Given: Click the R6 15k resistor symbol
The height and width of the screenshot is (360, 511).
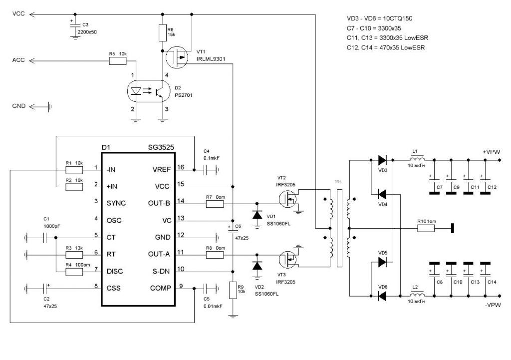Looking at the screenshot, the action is (163, 32).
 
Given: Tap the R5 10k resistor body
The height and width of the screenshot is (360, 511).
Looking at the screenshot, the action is (118, 60).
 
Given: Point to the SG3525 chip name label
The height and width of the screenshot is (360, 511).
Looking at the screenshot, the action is (161, 147).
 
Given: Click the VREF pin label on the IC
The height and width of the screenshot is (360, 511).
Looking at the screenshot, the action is (161, 170).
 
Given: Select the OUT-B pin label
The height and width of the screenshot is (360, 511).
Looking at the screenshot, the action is (159, 203).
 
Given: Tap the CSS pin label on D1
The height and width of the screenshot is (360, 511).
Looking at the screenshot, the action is (113, 288).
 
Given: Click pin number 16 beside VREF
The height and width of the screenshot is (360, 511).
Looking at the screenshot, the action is (181, 167).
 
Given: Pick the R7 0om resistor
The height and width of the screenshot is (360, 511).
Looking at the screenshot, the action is (215, 204).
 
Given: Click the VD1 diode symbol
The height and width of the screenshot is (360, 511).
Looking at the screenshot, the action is (257, 215).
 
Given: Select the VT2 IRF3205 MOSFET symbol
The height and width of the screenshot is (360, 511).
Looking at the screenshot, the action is (288, 199).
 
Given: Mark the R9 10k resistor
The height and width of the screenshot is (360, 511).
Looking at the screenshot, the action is (233, 290).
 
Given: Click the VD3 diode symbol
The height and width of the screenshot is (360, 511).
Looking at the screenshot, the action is (382, 160).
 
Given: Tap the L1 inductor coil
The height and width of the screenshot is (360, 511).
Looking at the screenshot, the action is (417, 159).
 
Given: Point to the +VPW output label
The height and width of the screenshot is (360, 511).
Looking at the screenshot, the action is (492, 152).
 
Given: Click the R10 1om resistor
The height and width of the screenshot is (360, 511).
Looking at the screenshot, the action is (426, 228).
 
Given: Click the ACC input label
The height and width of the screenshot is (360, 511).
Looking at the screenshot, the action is (18, 60).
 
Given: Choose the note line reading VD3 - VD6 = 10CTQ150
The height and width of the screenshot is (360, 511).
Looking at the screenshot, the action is (379, 18).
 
